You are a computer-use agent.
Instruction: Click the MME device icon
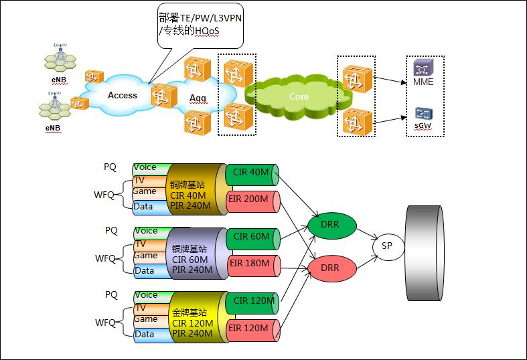423,68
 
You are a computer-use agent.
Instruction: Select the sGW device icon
423,114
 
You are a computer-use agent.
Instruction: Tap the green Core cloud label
299,97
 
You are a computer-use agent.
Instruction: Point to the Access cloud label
123,96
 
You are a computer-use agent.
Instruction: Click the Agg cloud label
198,98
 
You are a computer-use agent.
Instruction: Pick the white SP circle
388,247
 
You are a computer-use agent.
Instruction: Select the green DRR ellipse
331,225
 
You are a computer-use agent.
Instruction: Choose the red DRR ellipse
331,268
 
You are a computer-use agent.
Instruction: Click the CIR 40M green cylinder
252,175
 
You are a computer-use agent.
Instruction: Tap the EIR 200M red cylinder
252,201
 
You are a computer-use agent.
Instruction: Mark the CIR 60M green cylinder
252,239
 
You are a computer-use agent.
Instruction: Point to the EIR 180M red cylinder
253,266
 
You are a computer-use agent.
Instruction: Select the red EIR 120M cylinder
252,331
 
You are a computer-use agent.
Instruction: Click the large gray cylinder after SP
424,253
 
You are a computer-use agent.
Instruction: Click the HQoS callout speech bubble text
200,24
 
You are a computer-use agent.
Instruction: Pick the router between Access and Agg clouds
164,96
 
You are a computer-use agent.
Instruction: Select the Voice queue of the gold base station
151,297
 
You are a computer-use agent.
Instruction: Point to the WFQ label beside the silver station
105,258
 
